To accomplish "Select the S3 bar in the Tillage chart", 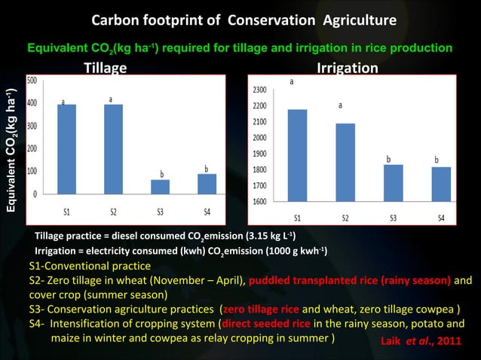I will click(x=159, y=187).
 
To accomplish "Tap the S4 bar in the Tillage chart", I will click(x=206, y=184).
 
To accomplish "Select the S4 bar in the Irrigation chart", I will click(x=441, y=184).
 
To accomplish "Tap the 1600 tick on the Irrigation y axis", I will click(x=259, y=201).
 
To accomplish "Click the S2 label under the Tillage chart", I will click(x=112, y=212).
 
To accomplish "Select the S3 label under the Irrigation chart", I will click(x=393, y=218).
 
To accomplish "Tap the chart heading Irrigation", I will click(x=347, y=69).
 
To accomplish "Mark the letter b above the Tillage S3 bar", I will click(x=161, y=174).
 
